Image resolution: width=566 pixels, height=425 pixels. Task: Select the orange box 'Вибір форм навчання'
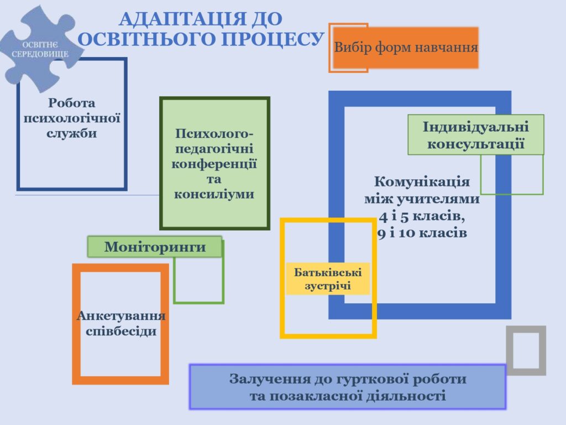click(x=406, y=48)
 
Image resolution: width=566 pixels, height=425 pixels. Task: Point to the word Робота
click(x=71, y=103)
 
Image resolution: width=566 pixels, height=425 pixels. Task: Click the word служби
click(x=71, y=133)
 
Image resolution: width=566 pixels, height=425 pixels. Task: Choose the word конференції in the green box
click(x=214, y=164)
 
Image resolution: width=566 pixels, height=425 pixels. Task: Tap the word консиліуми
click(x=214, y=194)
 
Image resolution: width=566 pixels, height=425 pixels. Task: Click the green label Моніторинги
click(x=155, y=247)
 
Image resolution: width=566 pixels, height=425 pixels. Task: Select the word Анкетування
click(x=121, y=315)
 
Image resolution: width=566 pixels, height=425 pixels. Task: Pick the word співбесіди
click(x=121, y=331)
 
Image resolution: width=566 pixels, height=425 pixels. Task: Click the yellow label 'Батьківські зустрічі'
click(x=328, y=279)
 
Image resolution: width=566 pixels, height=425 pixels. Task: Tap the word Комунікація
click(x=422, y=182)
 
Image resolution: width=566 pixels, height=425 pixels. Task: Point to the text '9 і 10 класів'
click(x=422, y=233)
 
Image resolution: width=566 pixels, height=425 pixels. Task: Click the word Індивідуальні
click(x=476, y=127)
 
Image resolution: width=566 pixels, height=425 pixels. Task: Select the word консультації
click(x=476, y=144)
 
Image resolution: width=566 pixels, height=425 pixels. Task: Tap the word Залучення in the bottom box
click(x=270, y=379)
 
